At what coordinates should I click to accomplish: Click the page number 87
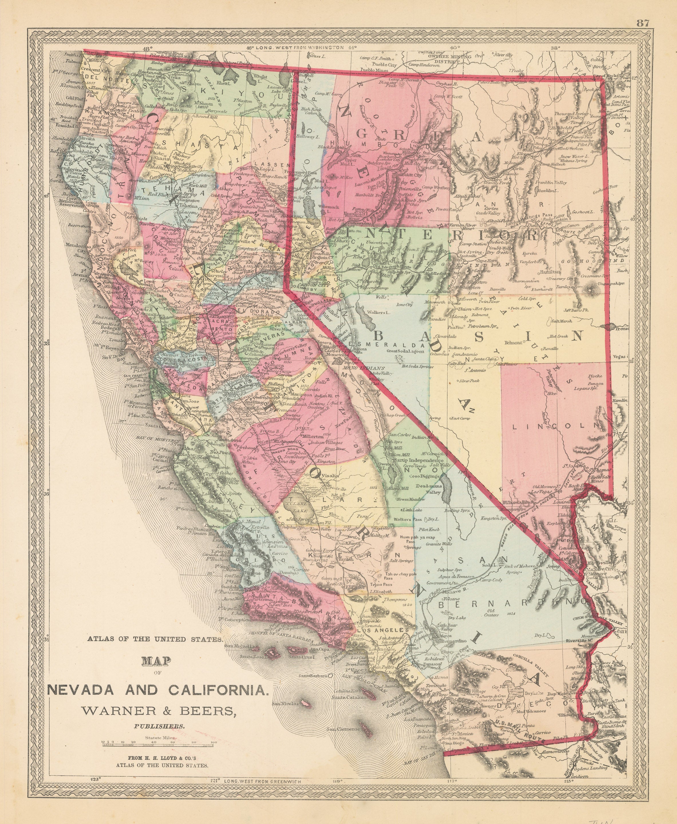643,23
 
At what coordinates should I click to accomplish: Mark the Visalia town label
331,476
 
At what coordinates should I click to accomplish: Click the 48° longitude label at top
147,49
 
